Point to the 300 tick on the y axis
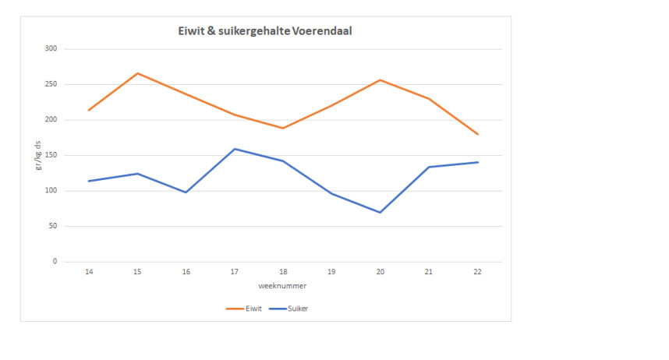[51, 49]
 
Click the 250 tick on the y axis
[51, 84]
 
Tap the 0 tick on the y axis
[55, 262]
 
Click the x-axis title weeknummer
[282, 286]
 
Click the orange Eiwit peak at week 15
[137, 73]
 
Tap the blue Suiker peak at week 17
[234, 149]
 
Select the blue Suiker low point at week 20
[380, 212]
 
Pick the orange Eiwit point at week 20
[380, 80]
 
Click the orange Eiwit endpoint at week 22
[477, 134]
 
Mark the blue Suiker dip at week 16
[186, 192]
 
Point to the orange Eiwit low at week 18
[282, 129]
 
